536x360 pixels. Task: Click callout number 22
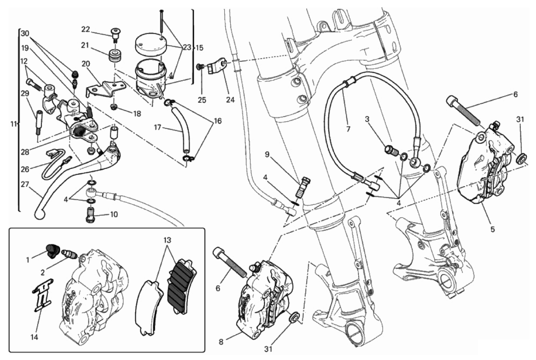[x=86, y=29]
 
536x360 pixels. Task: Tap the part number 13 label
[x=167, y=240]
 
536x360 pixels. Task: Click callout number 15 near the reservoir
[x=199, y=47]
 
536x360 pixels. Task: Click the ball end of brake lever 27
[x=39, y=214]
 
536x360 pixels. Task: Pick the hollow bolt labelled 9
[x=304, y=188]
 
